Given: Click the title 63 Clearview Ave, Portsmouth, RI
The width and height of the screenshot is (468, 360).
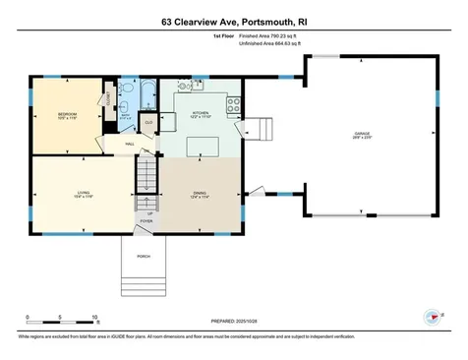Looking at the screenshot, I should (x=233, y=19).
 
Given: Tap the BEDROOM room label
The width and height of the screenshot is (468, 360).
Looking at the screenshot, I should (x=67, y=116).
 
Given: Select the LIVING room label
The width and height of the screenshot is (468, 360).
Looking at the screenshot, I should (x=85, y=193).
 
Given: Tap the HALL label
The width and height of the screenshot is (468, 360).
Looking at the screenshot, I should (x=129, y=144).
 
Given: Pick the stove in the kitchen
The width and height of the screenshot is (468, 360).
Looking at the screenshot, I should (x=234, y=102).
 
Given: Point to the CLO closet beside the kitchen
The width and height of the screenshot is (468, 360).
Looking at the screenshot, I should (x=148, y=122).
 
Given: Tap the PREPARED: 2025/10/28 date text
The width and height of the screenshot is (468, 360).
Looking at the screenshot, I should (x=233, y=321).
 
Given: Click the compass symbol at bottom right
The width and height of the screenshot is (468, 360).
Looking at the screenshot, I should (x=430, y=317).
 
